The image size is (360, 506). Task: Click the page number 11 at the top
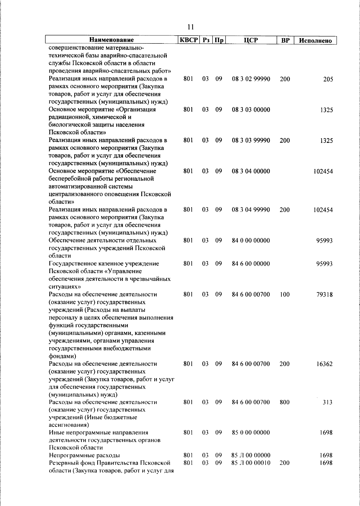190,27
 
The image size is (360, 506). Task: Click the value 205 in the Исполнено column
328,80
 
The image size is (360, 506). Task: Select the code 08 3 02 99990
251,79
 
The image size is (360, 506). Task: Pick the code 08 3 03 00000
251,110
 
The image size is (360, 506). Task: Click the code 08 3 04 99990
251,210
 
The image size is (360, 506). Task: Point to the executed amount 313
327,402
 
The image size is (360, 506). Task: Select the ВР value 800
284,402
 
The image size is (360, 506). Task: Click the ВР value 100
284,294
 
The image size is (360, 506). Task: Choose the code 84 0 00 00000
251,241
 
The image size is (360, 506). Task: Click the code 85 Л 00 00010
251,463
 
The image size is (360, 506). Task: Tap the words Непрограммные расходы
84,456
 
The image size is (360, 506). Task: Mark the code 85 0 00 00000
251,433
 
